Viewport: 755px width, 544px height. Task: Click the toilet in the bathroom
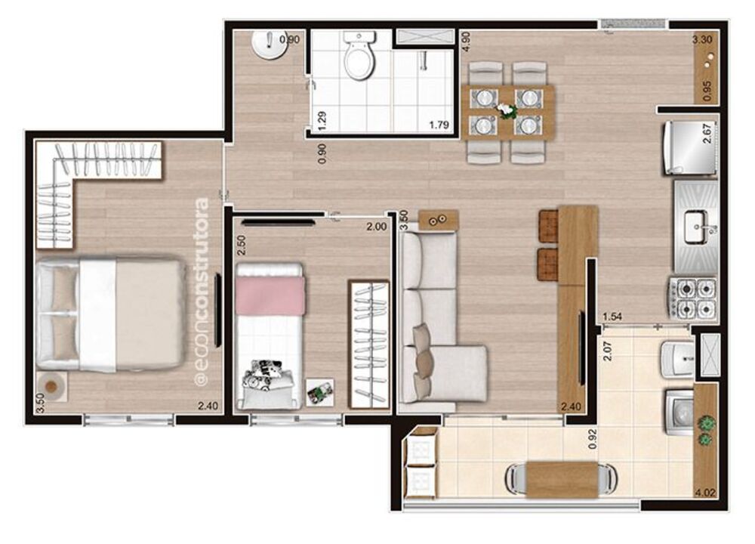[359, 57]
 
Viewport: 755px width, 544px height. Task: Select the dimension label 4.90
[467, 42]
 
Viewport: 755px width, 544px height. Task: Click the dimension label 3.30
[703, 40]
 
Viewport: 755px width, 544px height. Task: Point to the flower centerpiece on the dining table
[506, 110]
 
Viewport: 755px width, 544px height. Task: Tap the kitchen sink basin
[695, 224]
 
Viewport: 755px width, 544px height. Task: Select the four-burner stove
[692, 298]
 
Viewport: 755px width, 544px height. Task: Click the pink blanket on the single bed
[270, 295]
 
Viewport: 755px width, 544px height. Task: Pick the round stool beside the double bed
[51, 386]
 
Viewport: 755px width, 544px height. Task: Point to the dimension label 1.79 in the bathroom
[439, 125]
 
